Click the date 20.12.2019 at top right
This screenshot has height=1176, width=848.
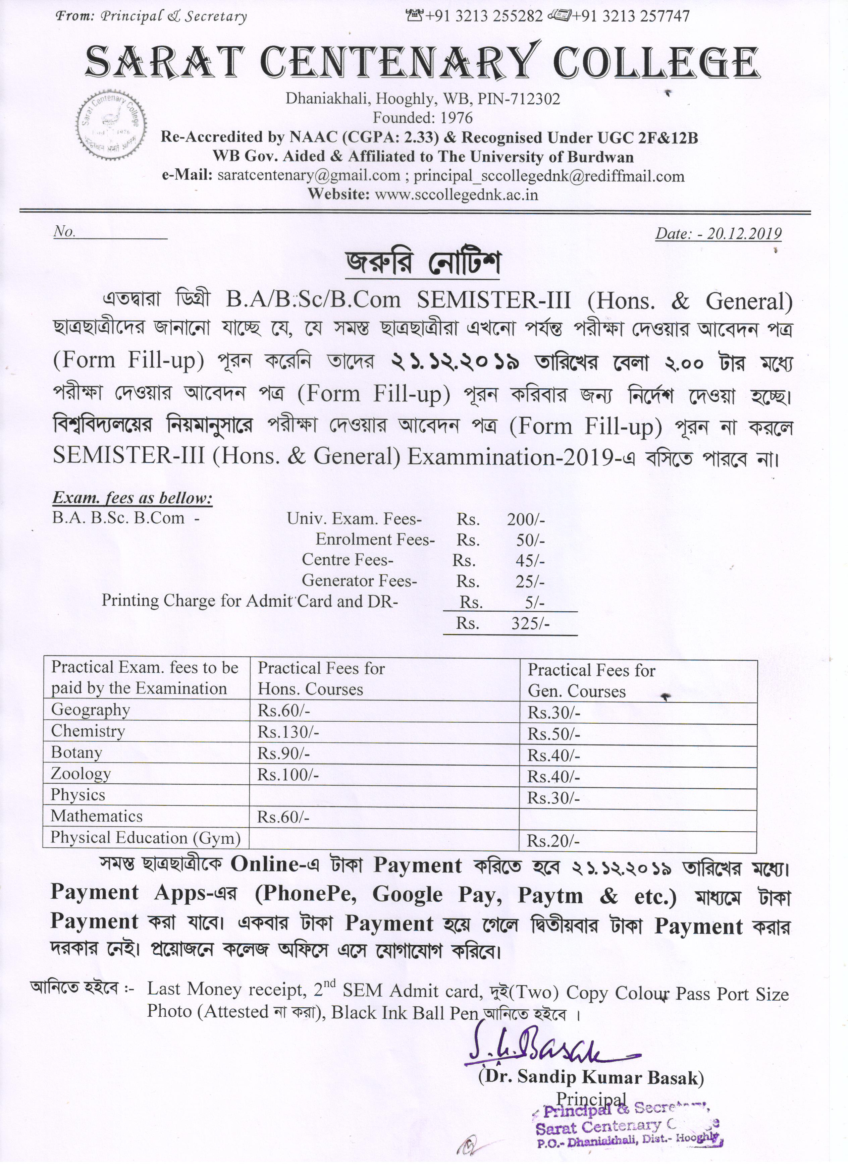(x=718, y=233)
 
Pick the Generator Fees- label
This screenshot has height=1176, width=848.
(x=360, y=581)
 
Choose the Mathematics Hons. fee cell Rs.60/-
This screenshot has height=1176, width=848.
(x=284, y=817)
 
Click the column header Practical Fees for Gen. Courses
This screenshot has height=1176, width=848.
(x=591, y=681)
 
